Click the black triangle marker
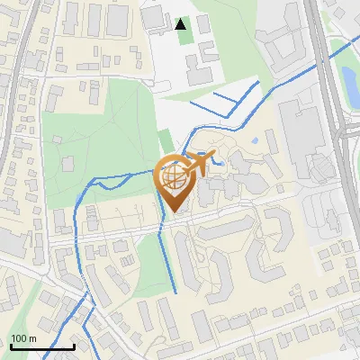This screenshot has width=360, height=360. point(181,24)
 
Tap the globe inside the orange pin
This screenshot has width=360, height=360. point(175,176)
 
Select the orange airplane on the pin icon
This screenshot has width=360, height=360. point(198,164)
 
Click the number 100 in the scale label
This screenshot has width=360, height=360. point(19,338)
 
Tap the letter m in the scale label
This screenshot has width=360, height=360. point(32,338)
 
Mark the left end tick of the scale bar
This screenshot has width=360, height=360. point(11,345)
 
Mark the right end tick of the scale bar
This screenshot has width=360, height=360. point(74,345)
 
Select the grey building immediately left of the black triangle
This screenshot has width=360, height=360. point(154,18)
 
